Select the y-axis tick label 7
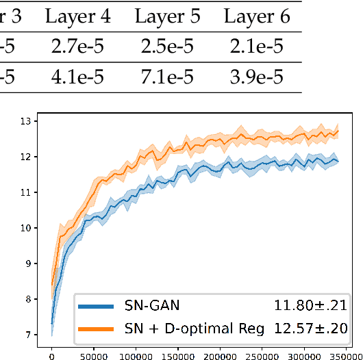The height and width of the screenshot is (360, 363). (27, 335)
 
